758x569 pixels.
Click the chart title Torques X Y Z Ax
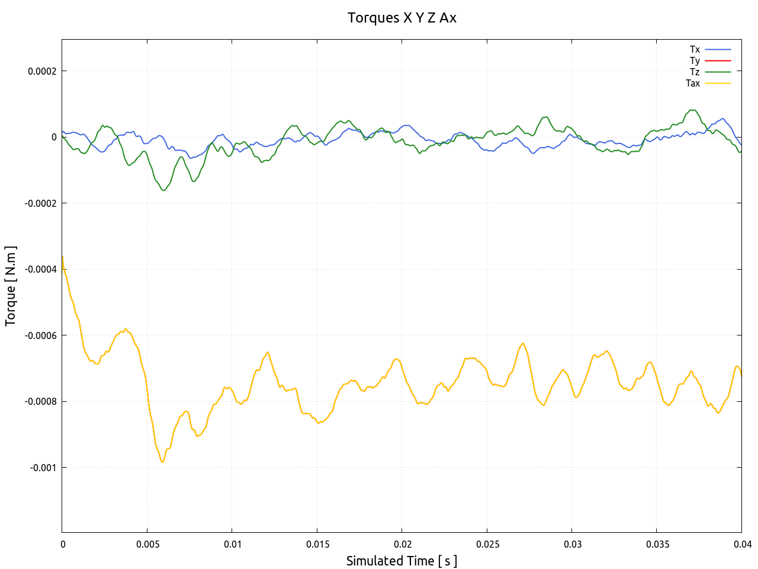(x=402, y=18)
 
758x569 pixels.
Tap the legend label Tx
(x=695, y=49)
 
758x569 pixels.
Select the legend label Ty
(x=695, y=60)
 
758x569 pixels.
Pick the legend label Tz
(x=695, y=72)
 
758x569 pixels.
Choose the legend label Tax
(x=693, y=83)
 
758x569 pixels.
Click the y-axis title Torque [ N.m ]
(x=11, y=286)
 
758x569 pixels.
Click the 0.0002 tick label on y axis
(x=43, y=71)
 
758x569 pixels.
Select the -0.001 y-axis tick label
(x=43, y=468)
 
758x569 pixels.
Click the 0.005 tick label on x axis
(x=147, y=544)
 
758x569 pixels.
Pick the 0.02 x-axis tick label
(x=402, y=544)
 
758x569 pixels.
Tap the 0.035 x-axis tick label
(x=657, y=544)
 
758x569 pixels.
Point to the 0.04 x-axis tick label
(x=743, y=544)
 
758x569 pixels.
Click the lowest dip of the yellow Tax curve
(x=163, y=462)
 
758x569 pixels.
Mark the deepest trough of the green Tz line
(x=163, y=190)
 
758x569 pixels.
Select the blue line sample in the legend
(x=718, y=49)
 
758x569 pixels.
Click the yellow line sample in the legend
(x=718, y=83)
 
